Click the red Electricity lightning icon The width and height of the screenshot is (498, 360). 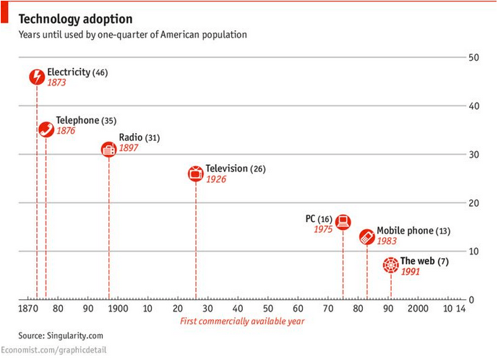point(37,77)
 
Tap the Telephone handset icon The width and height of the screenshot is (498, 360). point(46,129)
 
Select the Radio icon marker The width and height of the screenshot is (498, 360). point(108,150)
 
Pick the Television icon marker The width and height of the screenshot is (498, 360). point(195,173)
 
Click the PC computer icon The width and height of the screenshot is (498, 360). point(343,222)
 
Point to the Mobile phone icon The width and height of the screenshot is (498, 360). point(367,236)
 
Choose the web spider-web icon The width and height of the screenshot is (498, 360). point(390,265)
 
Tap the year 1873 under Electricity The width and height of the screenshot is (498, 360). point(56,83)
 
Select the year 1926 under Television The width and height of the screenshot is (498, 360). point(215,179)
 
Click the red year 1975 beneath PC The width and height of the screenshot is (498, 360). point(322,229)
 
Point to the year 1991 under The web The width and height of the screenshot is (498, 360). point(411,272)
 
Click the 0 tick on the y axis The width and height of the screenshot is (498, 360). point(471,299)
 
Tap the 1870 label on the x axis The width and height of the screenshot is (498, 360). point(30,309)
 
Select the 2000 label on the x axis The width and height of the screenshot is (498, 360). point(418,309)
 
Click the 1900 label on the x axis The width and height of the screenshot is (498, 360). point(117,309)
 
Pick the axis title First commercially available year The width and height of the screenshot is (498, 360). point(241,321)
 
